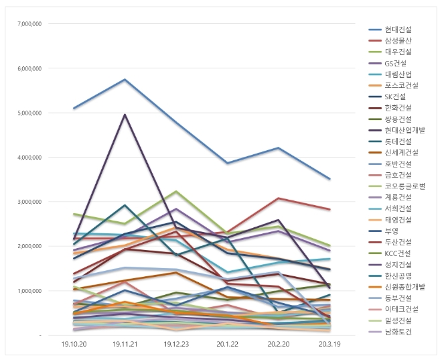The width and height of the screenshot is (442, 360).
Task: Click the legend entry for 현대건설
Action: (398, 30)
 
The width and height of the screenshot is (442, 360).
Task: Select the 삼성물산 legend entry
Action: (398, 41)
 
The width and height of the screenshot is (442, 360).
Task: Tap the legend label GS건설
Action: (396, 64)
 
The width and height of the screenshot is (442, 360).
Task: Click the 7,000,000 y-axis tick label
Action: (29, 24)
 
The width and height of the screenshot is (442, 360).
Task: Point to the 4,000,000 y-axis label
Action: (29, 158)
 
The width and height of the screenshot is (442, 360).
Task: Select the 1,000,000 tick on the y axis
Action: (29, 291)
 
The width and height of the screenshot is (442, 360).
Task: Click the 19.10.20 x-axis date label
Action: (74, 343)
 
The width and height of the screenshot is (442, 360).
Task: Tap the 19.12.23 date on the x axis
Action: (176, 343)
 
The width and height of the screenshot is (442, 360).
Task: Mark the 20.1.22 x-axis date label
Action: (228, 343)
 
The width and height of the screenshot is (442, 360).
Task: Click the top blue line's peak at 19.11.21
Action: (125, 80)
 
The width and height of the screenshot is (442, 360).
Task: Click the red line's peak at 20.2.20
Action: (279, 198)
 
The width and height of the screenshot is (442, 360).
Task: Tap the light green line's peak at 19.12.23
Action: (176, 192)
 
